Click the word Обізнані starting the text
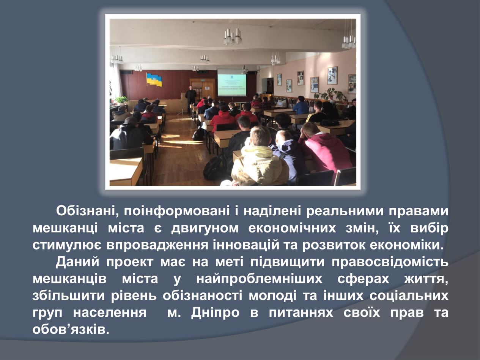(87, 212)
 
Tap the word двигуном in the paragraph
(205, 228)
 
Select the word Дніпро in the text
(216, 313)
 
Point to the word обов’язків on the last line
(71, 329)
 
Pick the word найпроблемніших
(259, 279)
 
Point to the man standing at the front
(190, 100)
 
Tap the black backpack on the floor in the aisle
(198, 134)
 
